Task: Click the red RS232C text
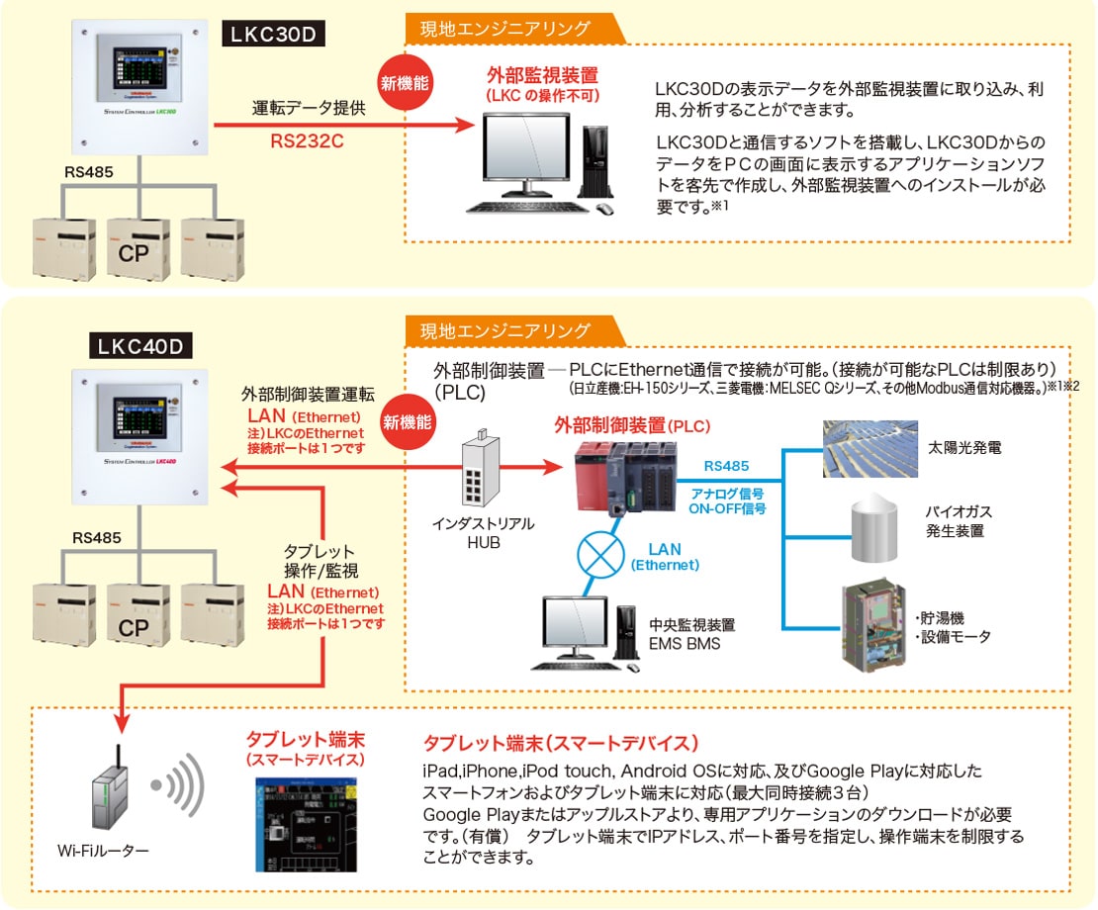point(308,140)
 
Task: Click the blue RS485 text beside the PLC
point(726,465)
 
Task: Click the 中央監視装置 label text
point(691,625)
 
